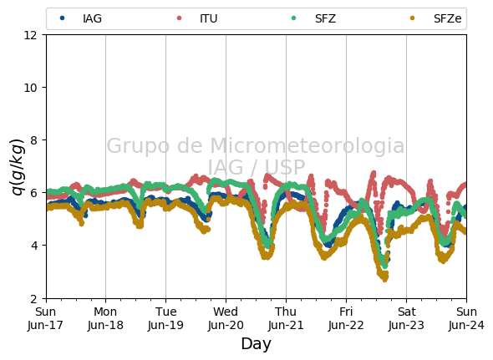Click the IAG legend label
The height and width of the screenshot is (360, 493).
tap(92, 18)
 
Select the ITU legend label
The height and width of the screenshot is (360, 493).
tap(208, 18)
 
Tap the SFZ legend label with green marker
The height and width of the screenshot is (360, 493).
tap(325, 18)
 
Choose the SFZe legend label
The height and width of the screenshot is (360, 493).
tap(447, 18)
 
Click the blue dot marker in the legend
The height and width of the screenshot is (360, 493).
tap(63, 18)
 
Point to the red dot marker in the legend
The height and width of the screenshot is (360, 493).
tap(179, 18)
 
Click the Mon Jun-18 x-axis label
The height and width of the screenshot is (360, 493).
tap(105, 318)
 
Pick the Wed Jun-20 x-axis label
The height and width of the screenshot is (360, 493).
tap(226, 318)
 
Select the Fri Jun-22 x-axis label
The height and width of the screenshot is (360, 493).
tap(346, 318)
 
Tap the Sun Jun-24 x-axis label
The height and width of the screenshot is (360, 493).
tap(466, 318)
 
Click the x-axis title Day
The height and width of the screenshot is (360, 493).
tap(256, 343)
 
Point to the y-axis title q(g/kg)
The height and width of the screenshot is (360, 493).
tap(18, 167)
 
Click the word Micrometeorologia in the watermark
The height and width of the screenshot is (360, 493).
tap(307, 145)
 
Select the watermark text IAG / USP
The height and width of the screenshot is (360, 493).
tap(257, 167)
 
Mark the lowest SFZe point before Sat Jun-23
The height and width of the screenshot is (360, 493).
tap(385, 280)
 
